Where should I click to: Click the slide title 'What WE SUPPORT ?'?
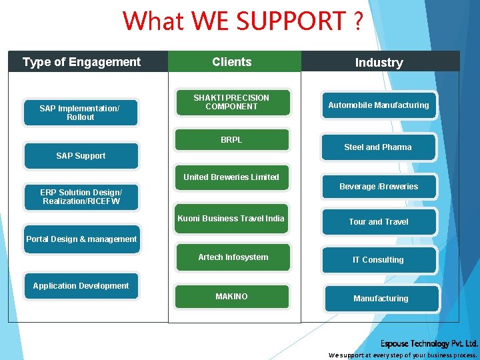[243, 21]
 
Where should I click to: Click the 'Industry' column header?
[380, 62]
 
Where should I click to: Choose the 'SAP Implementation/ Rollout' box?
[81, 113]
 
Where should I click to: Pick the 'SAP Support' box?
[81, 156]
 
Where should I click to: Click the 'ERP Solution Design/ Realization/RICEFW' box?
[81, 197]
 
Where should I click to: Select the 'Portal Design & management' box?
[81, 239]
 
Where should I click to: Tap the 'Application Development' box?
[81, 286]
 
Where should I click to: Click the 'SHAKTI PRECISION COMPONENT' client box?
[231, 102]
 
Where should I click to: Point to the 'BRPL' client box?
[231, 140]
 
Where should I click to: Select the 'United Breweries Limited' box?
[231, 177]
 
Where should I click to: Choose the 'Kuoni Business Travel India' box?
[231, 219]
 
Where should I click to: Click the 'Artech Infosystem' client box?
[233, 257]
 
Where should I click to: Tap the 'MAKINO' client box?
[231, 297]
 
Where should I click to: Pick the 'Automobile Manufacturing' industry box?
[379, 105]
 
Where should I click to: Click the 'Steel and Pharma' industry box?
[378, 147]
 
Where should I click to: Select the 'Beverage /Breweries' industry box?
[379, 187]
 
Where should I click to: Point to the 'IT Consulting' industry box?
[379, 260]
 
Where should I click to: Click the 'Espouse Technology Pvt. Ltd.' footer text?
[429, 344]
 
